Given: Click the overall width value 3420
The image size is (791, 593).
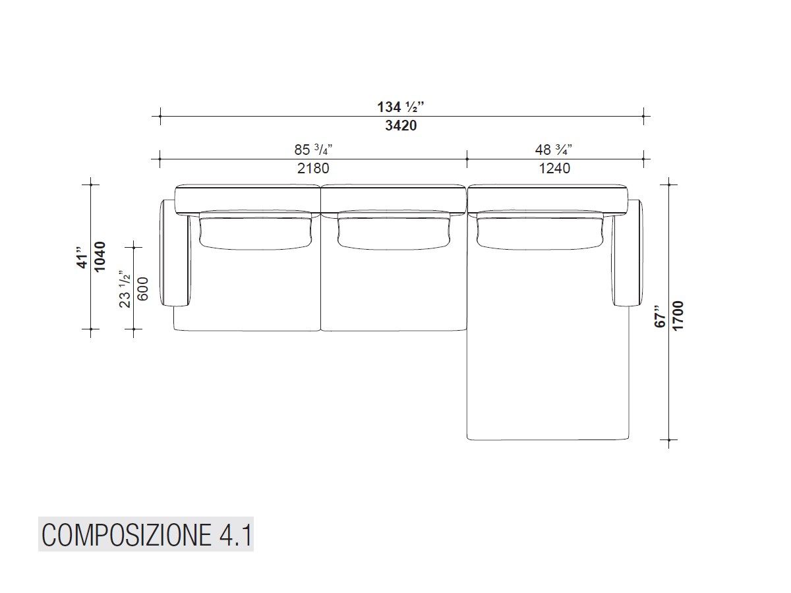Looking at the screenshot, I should click(x=401, y=125).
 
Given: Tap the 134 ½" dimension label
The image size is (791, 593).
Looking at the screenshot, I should click(x=401, y=107).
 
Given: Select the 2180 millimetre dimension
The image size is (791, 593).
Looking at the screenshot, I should click(x=313, y=168).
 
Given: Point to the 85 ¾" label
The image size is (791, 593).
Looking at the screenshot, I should click(x=313, y=150).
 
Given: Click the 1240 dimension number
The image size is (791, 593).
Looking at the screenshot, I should click(x=554, y=168).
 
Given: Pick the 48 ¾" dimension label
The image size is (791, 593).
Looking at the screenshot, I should click(x=554, y=150).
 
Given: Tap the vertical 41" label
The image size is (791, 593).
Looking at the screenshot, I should click(x=82, y=257).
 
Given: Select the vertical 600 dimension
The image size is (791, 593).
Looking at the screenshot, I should click(x=143, y=288).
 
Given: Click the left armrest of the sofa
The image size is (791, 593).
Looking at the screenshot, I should click(x=175, y=254).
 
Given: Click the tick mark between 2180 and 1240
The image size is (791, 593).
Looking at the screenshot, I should click(x=467, y=159).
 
